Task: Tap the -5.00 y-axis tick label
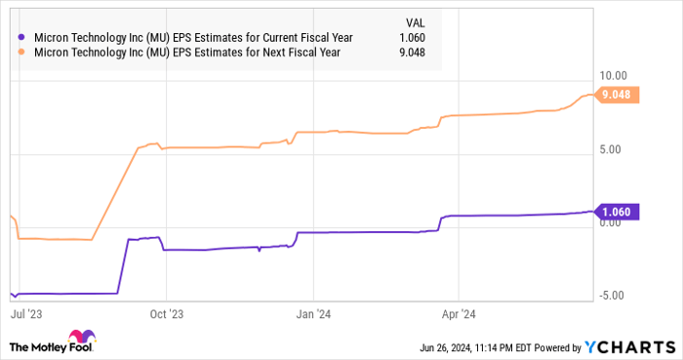click(x=614, y=296)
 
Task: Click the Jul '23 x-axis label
click(x=23, y=316)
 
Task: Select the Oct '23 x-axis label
click(x=166, y=316)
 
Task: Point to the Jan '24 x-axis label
click(x=312, y=316)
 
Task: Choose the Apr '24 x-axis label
click(x=458, y=316)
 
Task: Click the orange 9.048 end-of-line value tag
click(x=619, y=95)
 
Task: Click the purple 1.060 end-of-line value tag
click(x=619, y=211)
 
